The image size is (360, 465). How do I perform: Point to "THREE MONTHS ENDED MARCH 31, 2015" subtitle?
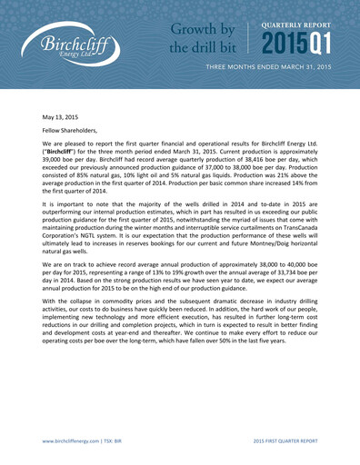280,69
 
